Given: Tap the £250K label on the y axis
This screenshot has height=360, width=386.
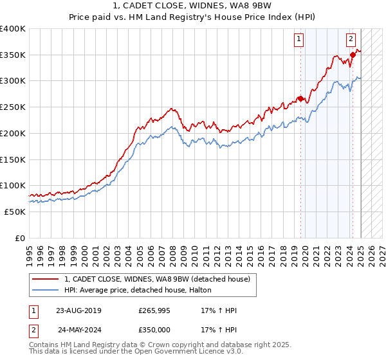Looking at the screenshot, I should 13,107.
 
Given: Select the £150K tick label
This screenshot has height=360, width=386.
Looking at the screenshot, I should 13,159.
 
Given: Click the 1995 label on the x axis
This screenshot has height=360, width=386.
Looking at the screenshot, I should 29,251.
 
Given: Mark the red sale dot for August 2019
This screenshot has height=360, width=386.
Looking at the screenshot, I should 300,98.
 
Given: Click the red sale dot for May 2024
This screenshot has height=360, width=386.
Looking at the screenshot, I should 353,55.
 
